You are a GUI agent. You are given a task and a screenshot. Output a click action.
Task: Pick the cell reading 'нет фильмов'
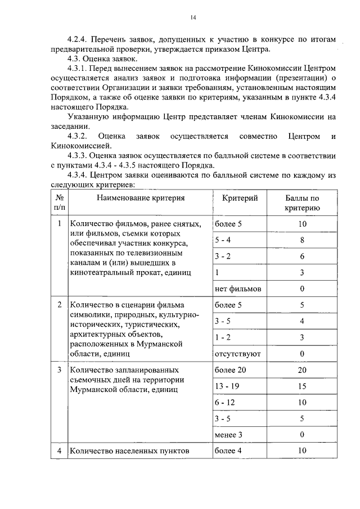[238, 289]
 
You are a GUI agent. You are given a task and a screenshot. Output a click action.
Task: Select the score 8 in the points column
[302, 240]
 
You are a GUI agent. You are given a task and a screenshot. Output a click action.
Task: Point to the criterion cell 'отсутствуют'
[237, 354]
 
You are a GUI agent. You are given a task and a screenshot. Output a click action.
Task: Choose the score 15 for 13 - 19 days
[302, 386]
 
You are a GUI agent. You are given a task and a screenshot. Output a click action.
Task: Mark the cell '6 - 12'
[225, 403]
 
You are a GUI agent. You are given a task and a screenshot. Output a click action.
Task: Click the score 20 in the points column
[302, 370]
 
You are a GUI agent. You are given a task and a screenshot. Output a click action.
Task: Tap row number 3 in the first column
[58, 370]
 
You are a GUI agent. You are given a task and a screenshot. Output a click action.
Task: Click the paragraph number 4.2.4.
[76, 39]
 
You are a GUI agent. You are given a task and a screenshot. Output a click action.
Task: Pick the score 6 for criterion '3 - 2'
[302, 256]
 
